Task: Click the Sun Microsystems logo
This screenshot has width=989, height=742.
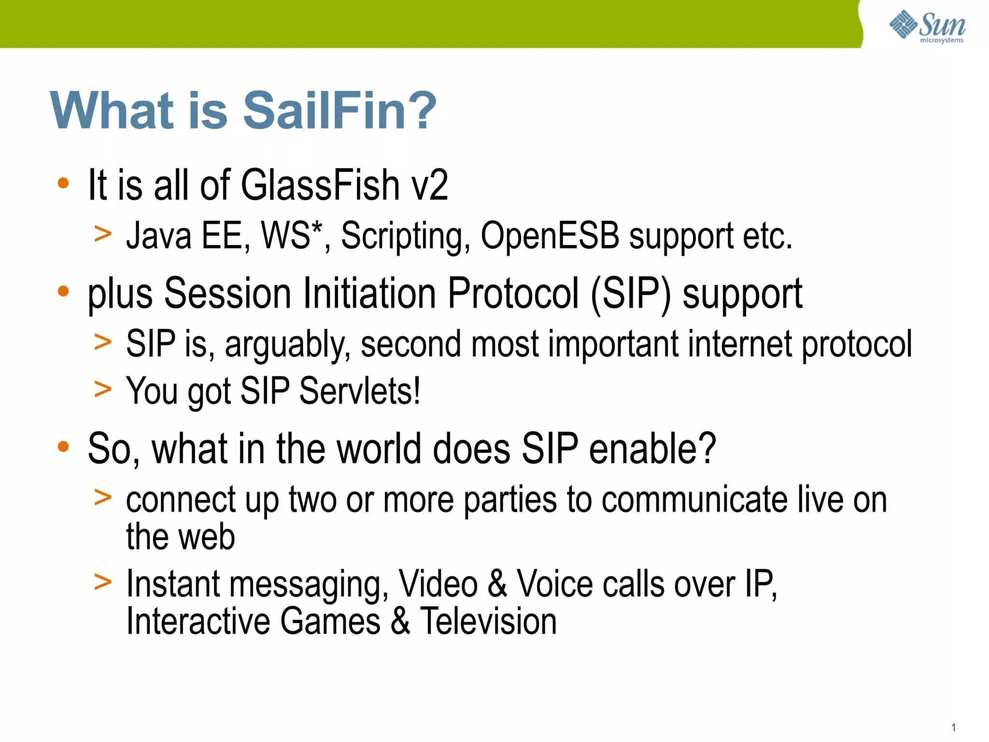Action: (x=927, y=26)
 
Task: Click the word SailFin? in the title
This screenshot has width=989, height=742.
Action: (x=339, y=111)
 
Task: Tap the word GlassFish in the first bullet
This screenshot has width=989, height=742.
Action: (x=320, y=185)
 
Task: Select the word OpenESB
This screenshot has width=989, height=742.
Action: (x=550, y=236)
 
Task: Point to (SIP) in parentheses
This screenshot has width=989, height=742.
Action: (x=631, y=294)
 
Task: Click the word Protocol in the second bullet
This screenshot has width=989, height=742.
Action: (x=513, y=294)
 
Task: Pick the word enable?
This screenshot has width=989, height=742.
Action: (x=652, y=449)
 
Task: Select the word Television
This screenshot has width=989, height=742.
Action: (x=488, y=621)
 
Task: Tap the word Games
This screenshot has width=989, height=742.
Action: (x=330, y=621)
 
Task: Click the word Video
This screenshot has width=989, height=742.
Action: (x=438, y=585)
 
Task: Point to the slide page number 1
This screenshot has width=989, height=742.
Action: (x=954, y=728)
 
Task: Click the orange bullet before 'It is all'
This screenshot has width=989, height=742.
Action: (x=63, y=184)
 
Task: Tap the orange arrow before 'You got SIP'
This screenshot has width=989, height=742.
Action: (x=103, y=389)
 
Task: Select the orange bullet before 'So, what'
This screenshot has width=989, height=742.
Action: (x=63, y=447)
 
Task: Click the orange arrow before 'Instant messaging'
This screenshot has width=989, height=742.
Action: (x=103, y=582)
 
